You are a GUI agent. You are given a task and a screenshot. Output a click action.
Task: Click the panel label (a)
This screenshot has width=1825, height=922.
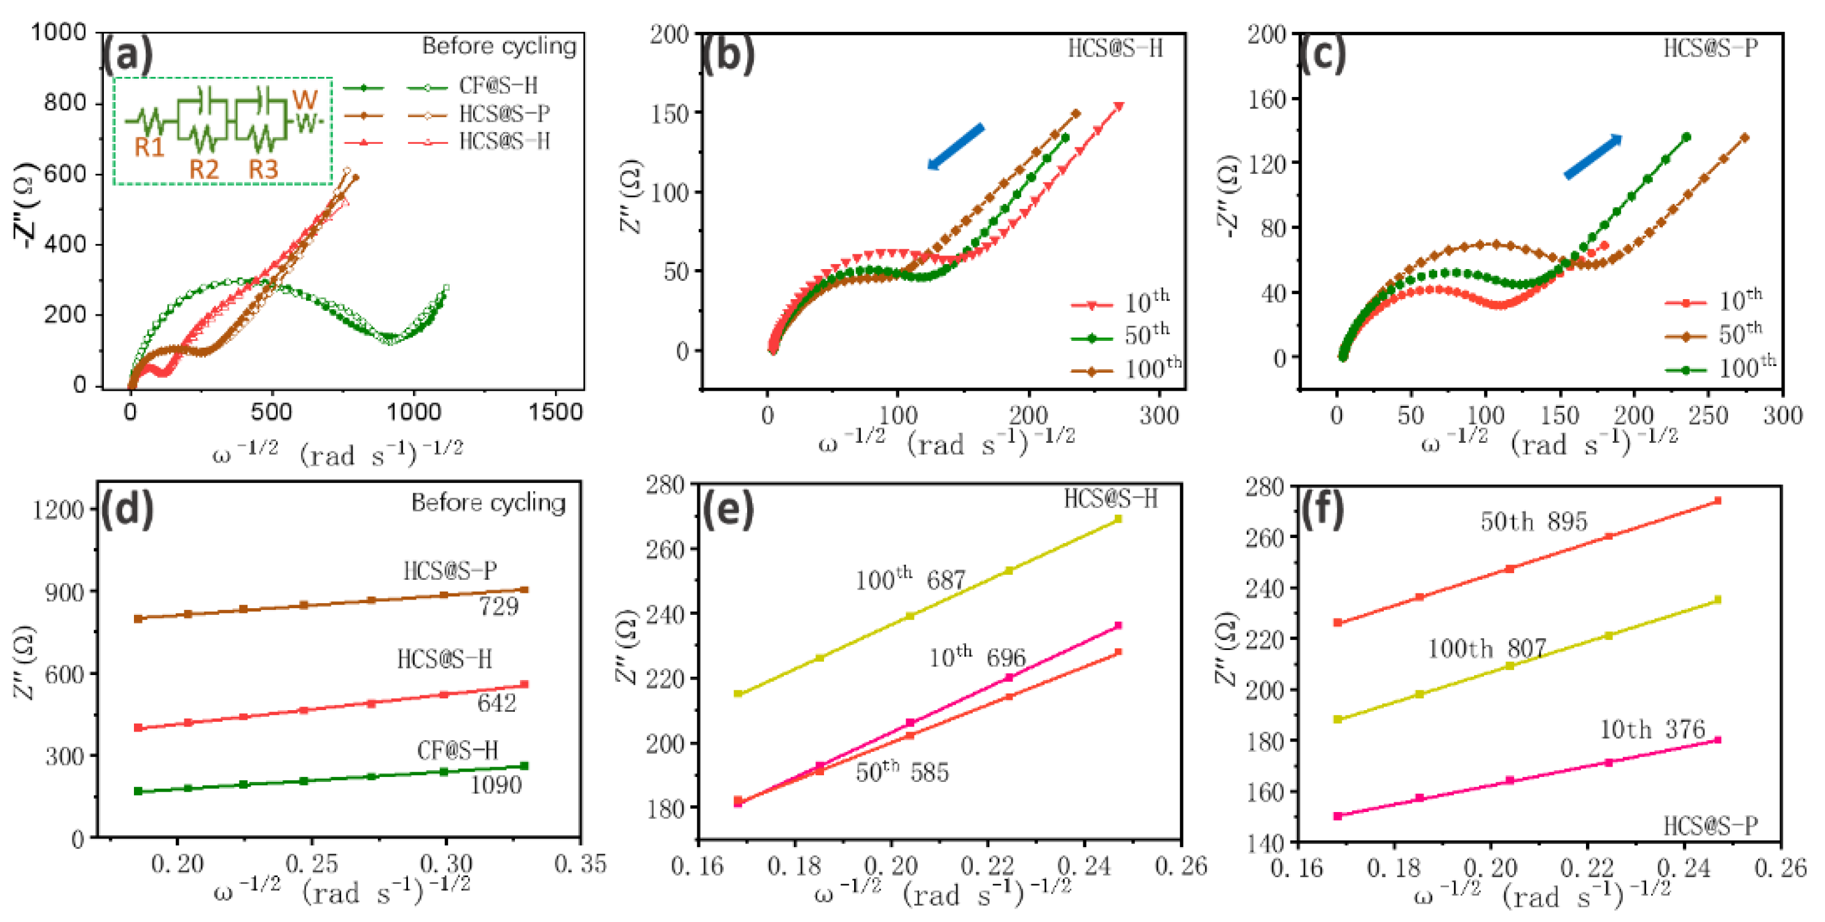pyautogui.click(x=128, y=55)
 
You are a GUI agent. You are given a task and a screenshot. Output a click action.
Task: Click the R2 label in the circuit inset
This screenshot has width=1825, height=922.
pyautogui.click(x=203, y=170)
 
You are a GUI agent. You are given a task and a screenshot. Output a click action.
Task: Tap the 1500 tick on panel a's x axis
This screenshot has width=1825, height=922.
pyautogui.click(x=555, y=412)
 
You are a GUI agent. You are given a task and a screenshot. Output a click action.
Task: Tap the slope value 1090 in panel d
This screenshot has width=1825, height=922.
pyautogui.click(x=496, y=784)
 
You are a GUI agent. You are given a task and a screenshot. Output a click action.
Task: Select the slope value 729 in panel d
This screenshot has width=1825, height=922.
pyautogui.click(x=499, y=606)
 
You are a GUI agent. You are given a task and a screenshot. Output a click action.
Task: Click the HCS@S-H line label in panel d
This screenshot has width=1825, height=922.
pyautogui.click(x=444, y=659)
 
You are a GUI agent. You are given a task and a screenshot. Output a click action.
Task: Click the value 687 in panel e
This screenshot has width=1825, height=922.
pyautogui.click(x=946, y=580)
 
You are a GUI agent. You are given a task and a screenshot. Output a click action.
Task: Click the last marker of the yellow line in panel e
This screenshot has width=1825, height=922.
pyautogui.click(x=1118, y=519)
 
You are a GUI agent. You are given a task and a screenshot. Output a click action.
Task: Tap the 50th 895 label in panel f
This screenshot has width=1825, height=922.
pyautogui.click(x=1533, y=522)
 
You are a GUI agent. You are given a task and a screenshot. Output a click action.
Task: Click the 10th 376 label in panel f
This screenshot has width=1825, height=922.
pyautogui.click(x=1652, y=729)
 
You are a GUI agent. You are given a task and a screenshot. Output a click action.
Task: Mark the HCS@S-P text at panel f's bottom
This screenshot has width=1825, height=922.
pyautogui.click(x=1710, y=826)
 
